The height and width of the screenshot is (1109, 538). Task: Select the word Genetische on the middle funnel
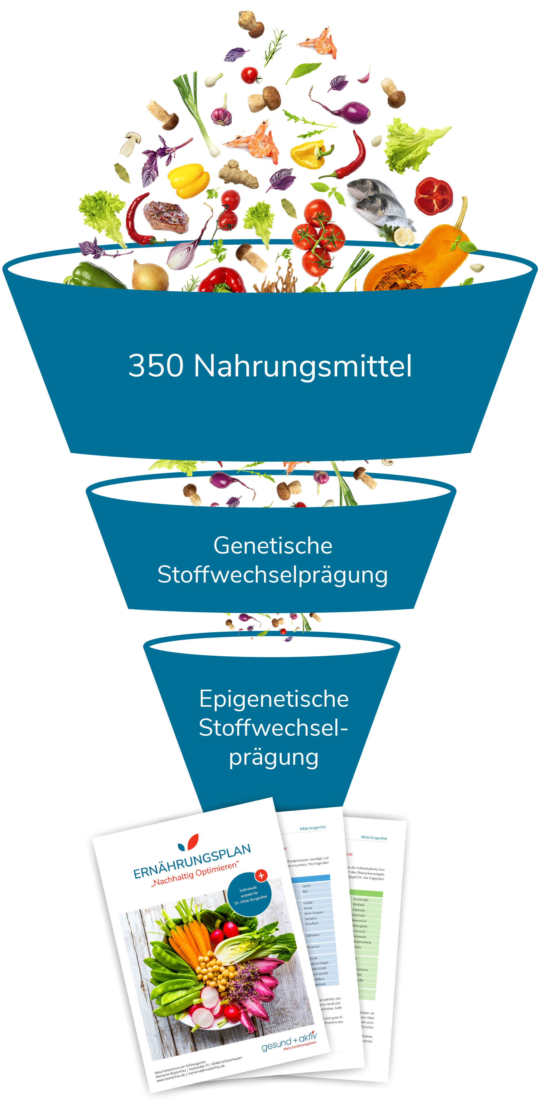[272, 546]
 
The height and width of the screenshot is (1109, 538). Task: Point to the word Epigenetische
[274, 699]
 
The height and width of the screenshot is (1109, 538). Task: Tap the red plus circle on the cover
[261, 875]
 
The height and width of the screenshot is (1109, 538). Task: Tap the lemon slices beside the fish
[403, 236]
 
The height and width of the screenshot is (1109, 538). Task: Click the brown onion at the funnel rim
[149, 276]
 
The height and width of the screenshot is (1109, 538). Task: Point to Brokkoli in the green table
[359, 904]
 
